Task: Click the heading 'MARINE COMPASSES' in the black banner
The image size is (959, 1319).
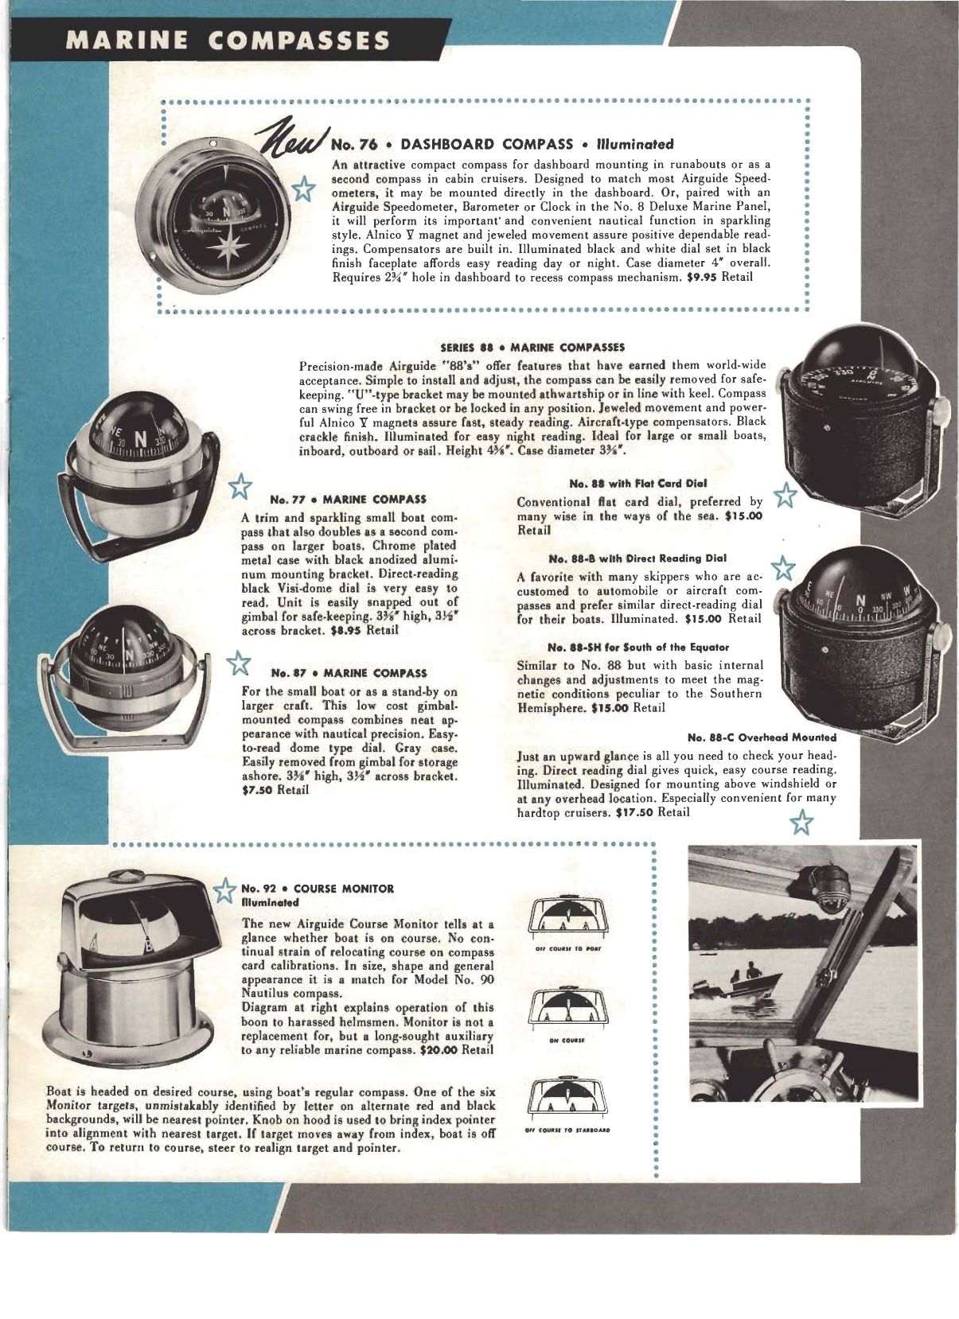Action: pyautogui.click(x=228, y=40)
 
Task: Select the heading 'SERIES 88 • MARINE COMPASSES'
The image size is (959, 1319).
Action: pyautogui.click(x=532, y=347)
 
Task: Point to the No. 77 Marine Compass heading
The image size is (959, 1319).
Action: pyautogui.click(x=348, y=500)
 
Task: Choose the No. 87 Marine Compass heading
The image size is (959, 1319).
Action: pyautogui.click(x=348, y=673)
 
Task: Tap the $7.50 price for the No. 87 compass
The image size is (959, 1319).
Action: pyautogui.click(x=257, y=790)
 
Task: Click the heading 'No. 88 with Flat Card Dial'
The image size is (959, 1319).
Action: pyautogui.click(x=639, y=483)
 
